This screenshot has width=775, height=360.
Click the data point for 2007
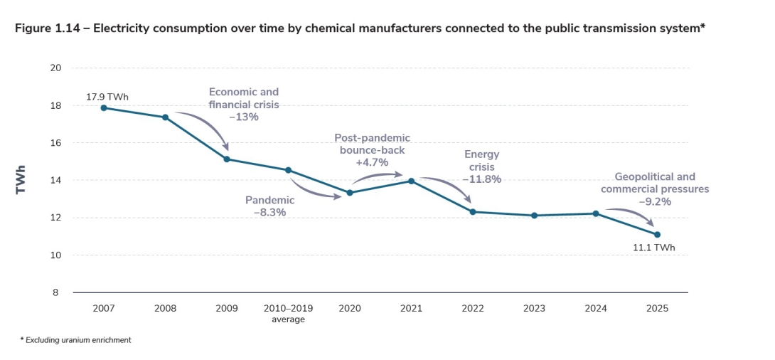(x=104, y=107)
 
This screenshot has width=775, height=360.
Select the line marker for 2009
(x=227, y=159)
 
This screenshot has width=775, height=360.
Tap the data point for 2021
(x=411, y=181)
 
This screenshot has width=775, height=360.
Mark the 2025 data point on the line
(x=657, y=234)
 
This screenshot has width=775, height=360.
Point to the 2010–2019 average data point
(x=288, y=170)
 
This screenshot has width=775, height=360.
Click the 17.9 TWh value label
(x=107, y=96)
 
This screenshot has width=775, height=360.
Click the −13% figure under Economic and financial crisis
(x=244, y=117)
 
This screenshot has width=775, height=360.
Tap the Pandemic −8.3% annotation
(x=269, y=206)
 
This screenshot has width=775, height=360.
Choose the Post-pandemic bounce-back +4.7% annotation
(x=372, y=149)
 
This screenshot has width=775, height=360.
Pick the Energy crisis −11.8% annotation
(x=482, y=166)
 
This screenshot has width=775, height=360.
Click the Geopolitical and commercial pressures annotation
(x=654, y=189)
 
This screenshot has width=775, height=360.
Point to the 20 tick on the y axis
(x=56, y=68)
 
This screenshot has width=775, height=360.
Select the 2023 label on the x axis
(x=534, y=308)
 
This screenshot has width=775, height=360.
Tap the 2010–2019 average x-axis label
(x=288, y=313)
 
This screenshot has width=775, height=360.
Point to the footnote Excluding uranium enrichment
(x=77, y=340)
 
